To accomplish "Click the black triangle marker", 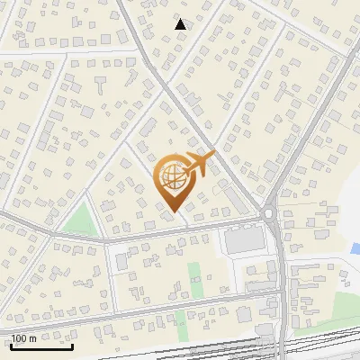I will point(181,24).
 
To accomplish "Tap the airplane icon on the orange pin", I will point(201,163).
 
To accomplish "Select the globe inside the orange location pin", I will point(172,176).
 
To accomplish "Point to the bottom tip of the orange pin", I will point(173,212).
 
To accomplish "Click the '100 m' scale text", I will point(23,338).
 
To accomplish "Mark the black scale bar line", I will point(41,346).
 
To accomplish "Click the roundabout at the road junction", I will point(269,213).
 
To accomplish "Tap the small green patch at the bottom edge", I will point(181,319).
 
